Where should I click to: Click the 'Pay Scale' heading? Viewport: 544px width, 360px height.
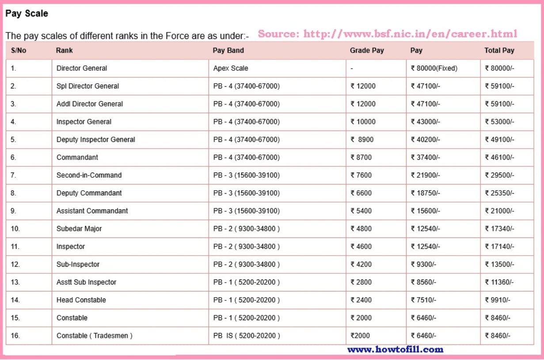click(x=27, y=14)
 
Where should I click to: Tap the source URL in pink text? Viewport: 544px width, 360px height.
click(x=387, y=34)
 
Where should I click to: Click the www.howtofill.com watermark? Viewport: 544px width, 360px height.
click(x=395, y=349)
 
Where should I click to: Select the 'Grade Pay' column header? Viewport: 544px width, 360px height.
click(x=367, y=50)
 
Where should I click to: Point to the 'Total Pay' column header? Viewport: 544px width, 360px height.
click(x=499, y=50)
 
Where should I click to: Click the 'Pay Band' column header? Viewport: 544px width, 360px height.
click(x=228, y=50)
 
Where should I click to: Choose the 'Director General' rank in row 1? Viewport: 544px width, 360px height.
click(x=82, y=68)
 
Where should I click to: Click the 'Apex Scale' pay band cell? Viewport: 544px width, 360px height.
click(x=231, y=68)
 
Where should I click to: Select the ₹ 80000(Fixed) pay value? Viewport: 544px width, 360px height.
click(x=434, y=68)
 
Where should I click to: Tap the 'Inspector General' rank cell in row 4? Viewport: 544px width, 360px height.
click(x=84, y=122)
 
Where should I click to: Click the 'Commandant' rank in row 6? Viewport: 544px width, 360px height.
click(x=77, y=157)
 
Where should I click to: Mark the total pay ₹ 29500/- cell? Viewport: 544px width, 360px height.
click(x=499, y=175)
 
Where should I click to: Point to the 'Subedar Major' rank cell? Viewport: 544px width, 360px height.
click(x=79, y=229)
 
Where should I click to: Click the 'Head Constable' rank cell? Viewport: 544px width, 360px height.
click(x=81, y=300)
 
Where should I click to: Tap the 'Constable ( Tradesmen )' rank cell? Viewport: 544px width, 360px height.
click(x=95, y=336)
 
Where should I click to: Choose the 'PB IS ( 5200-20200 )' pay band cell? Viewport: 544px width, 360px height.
click(x=247, y=336)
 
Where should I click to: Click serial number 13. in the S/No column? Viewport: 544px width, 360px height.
click(x=15, y=282)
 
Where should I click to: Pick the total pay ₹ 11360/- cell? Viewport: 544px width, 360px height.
click(x=499, y=282)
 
